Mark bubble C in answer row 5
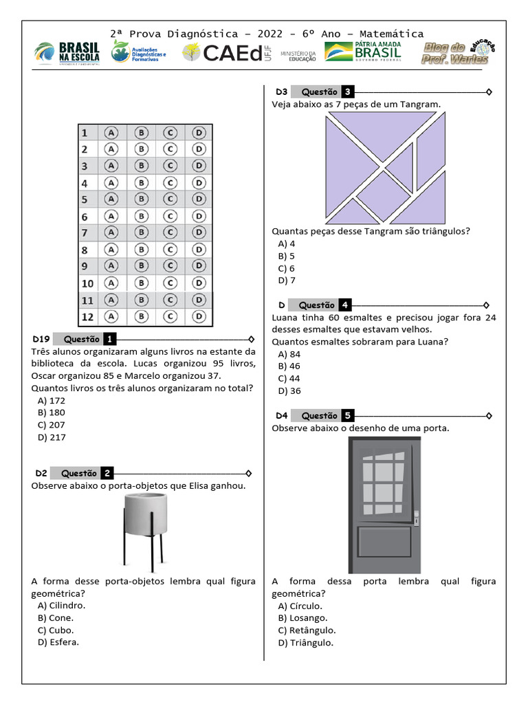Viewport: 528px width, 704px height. click(x=170, y=199)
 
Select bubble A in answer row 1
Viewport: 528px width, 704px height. click(x=111, y=133)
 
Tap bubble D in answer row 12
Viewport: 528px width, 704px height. click(x=199, y=316)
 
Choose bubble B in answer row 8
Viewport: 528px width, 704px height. click(x=141, y=250)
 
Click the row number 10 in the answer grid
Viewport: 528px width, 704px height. click(x=87, y=284)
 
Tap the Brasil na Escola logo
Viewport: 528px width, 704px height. click(x=67, y=53)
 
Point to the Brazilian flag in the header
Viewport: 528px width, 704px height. click(x=338, y=52)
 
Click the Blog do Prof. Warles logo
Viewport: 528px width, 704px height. click(x=458, y=53)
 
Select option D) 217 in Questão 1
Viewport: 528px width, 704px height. click(x=52, y=437)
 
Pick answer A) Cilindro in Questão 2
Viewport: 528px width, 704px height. click(x=61, y=606)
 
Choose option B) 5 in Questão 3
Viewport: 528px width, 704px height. click(x=287, y=256)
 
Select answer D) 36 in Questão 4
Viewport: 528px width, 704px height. click(x=289, y=391)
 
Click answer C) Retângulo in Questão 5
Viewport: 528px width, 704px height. click(x=307, y=630)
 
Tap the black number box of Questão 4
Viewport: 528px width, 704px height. click(x=345, y=305)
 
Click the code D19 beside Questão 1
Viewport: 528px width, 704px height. click(x=41, y=340)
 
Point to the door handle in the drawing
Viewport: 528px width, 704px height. click(x=416, y=518)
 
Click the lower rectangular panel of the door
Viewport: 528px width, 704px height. click(x=384, y=542)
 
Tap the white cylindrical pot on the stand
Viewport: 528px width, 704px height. click(x=146, y=515)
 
